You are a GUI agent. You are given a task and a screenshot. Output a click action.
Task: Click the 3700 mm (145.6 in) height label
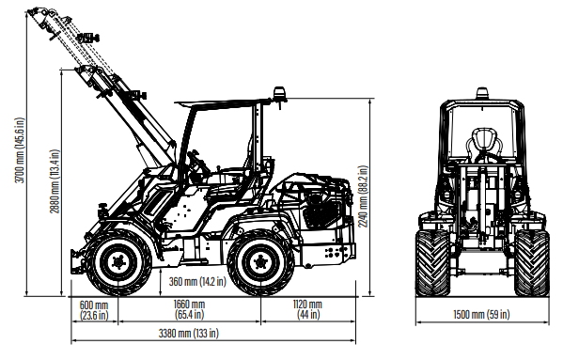tap(20, 150)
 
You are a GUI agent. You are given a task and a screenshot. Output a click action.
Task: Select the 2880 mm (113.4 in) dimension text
tap(55, 181)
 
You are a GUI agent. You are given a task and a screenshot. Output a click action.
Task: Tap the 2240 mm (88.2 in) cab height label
tap(363, 196)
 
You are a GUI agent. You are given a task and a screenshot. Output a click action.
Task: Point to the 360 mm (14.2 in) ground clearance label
tap(197, 282)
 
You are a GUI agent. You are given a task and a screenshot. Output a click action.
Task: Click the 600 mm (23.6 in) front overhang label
tap(94, 310)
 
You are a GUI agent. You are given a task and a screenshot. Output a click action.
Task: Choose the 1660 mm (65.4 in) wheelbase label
tap(189, 309)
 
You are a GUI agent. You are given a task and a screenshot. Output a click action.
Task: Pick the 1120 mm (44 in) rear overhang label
tap(307, 309)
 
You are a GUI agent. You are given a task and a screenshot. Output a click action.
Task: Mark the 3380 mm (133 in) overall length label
tap(188, 334)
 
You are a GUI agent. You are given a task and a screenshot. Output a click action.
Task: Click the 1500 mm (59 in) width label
tap(481, 314)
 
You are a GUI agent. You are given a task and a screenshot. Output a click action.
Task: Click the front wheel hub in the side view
tap(118, 262)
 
